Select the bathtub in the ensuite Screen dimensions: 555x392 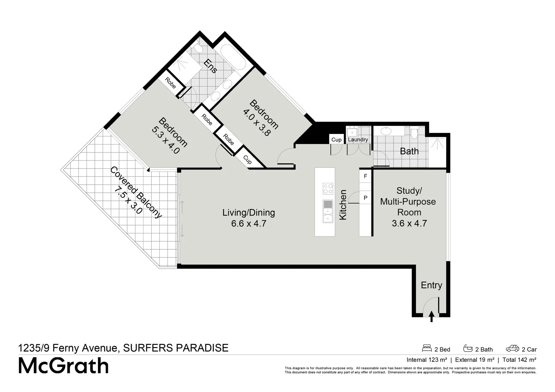tap(233, 58)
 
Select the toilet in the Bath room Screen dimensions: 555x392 tap(414, 132)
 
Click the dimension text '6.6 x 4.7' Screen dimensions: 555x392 tap(249, 224)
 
